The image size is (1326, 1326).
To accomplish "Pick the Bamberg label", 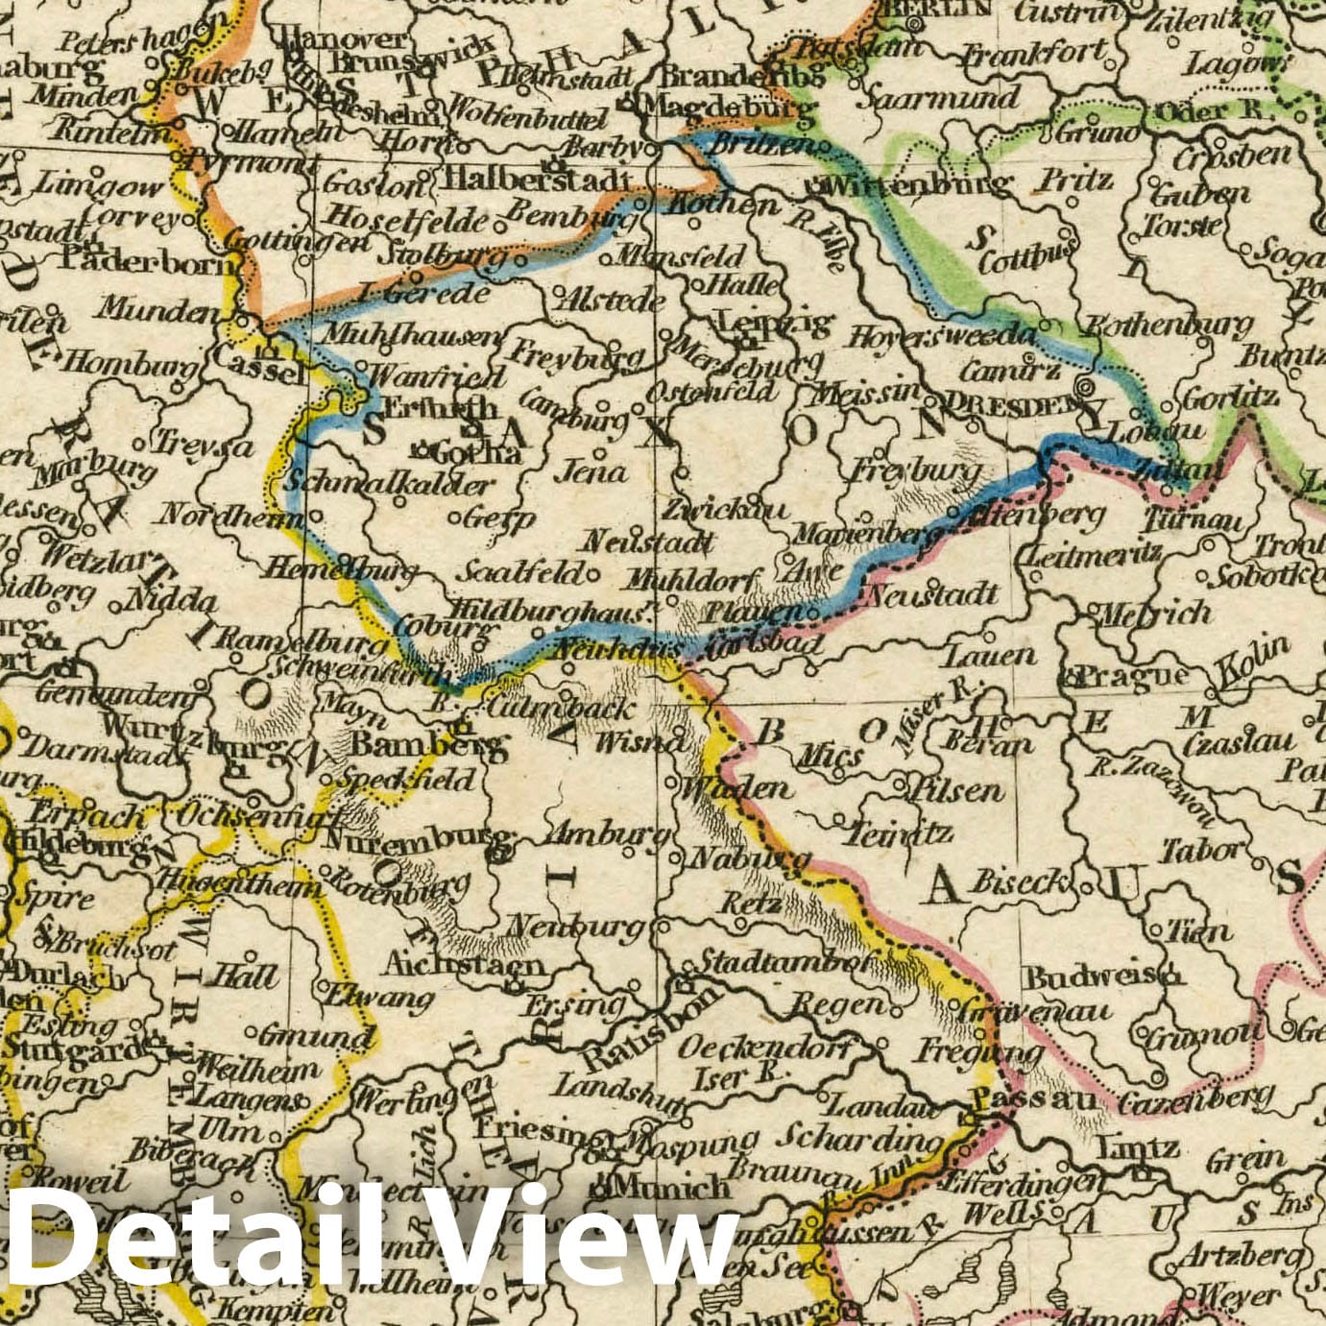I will tap(427, 745).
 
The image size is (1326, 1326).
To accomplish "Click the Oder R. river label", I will tap(1211, 111).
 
